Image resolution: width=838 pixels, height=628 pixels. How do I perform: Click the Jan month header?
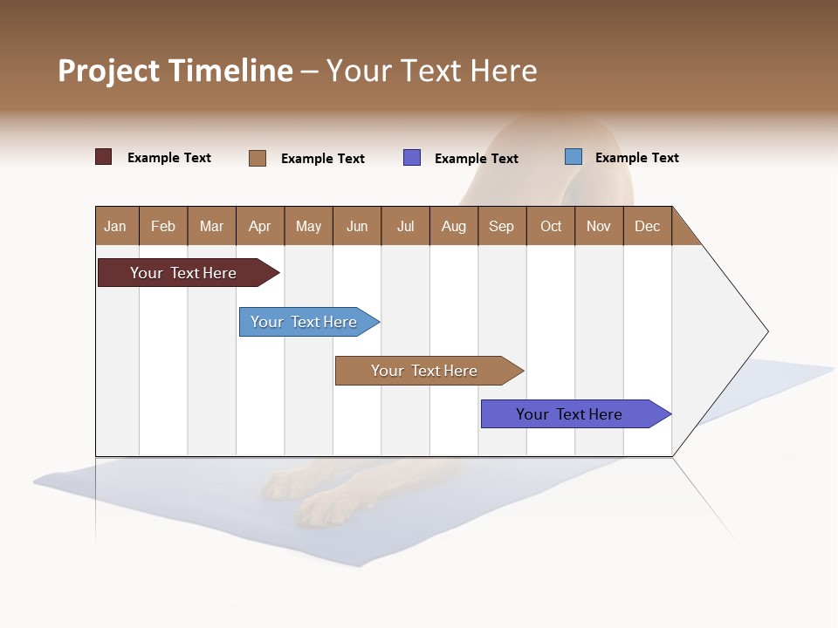coord(115,226)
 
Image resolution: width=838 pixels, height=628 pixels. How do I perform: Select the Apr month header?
coord(259,226)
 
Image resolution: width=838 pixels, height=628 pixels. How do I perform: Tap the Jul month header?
coord(405,226)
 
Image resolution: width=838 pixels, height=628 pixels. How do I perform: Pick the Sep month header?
coord(501,226)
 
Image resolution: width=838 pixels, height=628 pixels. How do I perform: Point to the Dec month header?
coord(647,226)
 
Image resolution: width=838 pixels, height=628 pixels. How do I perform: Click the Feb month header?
coord(163,226)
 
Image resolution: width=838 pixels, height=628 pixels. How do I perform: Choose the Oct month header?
coord(551,226)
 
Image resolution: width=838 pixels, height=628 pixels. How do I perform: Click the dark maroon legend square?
coord(104,157)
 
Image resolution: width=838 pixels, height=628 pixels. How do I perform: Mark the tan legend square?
coord(258,158)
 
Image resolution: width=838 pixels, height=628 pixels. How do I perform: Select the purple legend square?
coord(412,158)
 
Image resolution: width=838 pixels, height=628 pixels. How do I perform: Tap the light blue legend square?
coord(574,157)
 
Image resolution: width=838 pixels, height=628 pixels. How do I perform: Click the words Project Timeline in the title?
coord(175,71)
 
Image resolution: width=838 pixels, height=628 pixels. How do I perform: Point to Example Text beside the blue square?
coord(636,158)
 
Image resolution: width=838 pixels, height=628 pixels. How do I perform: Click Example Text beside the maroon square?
coord(169,158)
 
